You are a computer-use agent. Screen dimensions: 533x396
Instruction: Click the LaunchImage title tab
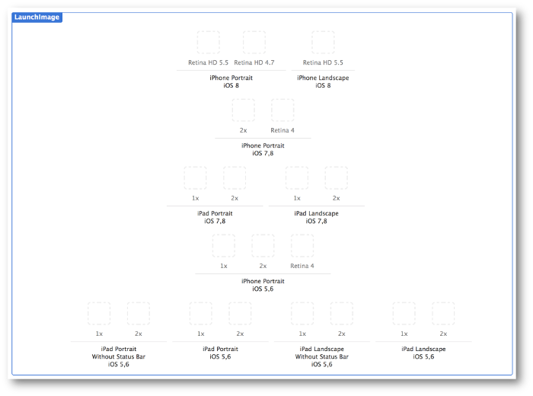point(37,17)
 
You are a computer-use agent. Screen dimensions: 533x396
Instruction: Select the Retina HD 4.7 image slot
point(254,43)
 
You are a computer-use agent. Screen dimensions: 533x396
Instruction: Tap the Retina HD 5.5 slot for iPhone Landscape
point(323,43)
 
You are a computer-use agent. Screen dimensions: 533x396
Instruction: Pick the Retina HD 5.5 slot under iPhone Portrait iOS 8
point(209,43)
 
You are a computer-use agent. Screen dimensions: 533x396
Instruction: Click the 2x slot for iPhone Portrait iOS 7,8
point(244,110)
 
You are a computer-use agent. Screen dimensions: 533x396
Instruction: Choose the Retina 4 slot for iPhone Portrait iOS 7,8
point(282,110)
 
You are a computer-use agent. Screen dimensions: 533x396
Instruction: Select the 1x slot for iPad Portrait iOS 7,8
point(195,177)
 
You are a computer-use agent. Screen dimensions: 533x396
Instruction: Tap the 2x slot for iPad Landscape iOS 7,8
point(337,177)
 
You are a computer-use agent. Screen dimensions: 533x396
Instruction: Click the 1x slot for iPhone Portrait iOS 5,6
point(224,245)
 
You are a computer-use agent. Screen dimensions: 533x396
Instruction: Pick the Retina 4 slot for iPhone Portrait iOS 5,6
point(302,245)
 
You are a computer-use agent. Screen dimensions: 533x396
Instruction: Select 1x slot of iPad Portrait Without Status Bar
point(99,314)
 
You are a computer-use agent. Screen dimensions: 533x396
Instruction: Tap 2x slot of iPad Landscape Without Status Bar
point(342,314)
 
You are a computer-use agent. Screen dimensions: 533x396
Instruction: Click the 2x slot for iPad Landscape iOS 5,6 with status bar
point(443,314)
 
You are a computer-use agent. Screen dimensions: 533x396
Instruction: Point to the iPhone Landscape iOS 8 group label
point(323,81)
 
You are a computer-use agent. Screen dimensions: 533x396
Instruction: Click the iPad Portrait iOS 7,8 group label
point(215,217)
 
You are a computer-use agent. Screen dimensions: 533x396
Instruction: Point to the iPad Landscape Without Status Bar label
point(322,356)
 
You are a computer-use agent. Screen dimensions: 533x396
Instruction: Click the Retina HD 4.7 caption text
point(254,62)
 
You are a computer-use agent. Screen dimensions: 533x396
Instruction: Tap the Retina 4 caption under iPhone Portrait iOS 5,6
point(302,266)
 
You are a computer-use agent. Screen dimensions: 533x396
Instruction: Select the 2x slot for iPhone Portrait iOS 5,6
point(263,245)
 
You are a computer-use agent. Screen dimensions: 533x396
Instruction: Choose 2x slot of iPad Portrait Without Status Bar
point(139,314)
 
